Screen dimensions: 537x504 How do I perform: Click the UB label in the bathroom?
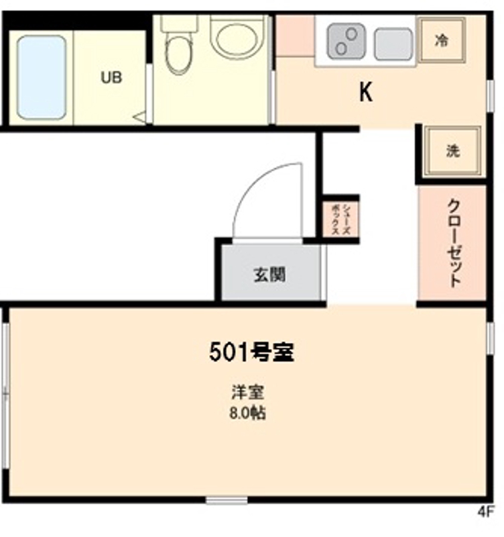111,77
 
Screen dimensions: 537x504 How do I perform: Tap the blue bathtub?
42,77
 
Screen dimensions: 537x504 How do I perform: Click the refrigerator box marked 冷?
441,40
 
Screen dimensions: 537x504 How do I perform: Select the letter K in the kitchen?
366,93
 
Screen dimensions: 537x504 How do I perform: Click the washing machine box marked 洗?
453,152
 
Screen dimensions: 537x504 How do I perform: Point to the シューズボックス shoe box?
340,219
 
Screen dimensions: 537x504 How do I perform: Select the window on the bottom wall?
226,500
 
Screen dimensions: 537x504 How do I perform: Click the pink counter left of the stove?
295,36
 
